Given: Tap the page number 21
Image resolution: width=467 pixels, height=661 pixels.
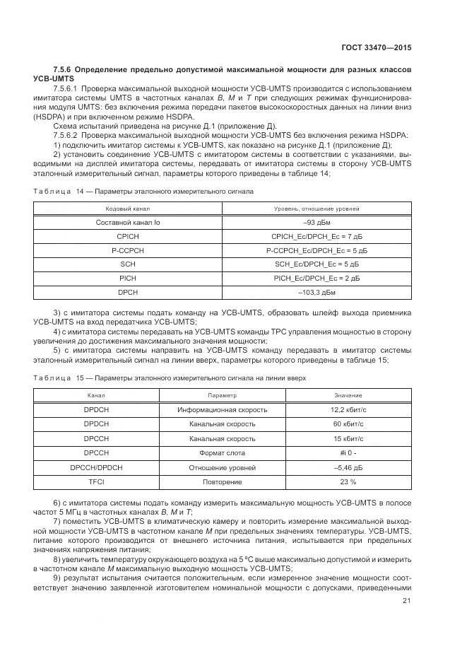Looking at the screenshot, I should click(x=406, y=601).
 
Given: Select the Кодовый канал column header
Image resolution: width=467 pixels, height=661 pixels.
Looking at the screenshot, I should click(x=128, y=209).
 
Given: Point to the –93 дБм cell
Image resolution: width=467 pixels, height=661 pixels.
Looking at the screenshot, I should click(x=317, y=223).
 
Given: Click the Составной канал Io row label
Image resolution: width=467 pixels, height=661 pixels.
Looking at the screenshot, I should click(x=128, y=223).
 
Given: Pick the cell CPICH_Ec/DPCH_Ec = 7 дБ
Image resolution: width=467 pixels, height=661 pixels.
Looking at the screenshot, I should click(x=317, y=236).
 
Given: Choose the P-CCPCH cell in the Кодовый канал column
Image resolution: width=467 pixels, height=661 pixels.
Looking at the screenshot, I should click(x=128, y=250).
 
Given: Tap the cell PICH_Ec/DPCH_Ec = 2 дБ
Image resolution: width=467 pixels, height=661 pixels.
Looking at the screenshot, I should click(x=317, y=278).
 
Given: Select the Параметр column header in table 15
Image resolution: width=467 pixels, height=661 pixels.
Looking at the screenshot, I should click(x=223, y=396).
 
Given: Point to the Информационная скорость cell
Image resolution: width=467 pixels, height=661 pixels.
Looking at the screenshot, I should click(x=223, y=409).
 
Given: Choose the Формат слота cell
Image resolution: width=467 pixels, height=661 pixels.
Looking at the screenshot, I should click(x=223, y=453).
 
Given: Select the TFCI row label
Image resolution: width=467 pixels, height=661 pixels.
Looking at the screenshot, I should click(x=96, y=481).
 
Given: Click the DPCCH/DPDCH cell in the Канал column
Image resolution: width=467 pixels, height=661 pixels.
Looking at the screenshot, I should click(x=96, y=467).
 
